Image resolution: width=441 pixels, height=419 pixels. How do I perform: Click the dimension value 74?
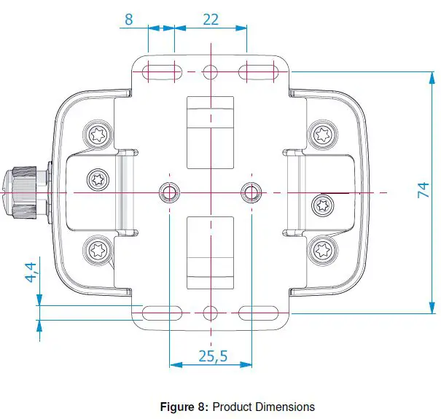(422, 191)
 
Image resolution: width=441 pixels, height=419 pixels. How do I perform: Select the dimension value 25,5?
(213, 356)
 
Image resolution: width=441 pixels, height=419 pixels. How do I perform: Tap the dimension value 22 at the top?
(211, 19)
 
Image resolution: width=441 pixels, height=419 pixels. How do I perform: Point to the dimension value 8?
(129, 19)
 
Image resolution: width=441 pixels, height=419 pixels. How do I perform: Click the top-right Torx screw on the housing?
(322, 133)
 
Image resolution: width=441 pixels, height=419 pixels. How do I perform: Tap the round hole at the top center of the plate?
(210, 71)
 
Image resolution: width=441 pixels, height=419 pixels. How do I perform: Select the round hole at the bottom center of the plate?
(210, 313)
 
